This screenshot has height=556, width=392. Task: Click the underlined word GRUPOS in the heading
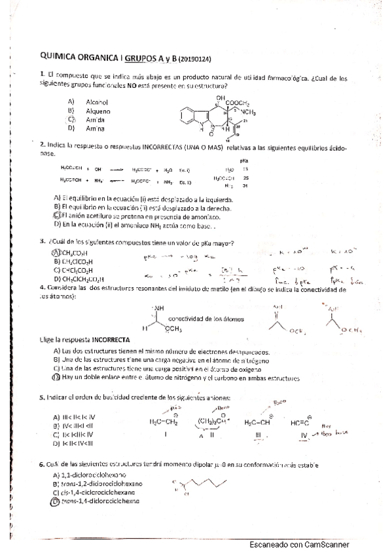[x=141, y=57]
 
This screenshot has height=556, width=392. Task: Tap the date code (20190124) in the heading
[x=194, y=58]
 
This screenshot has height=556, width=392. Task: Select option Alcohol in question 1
[x=96, y=102]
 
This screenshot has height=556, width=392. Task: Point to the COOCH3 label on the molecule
[x=238, y=102]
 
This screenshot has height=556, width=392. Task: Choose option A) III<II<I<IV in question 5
[x=76, y=417]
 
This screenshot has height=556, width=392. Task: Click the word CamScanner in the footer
[x=325, y=545]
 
